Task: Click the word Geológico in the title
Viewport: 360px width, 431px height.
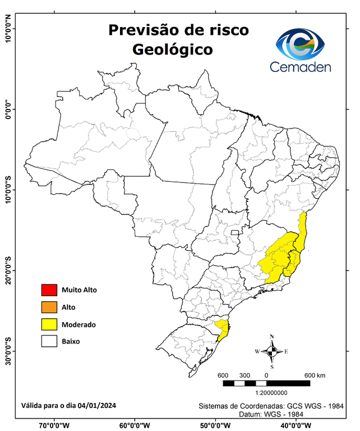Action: (172, 49)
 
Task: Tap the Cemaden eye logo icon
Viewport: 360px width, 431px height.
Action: (304, 44)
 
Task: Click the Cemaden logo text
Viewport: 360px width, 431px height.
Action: (301, 67)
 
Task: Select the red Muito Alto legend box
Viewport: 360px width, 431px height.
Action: (49, 290)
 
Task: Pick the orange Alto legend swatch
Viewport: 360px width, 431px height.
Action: (49, 307)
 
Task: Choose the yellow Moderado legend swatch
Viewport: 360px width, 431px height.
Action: (49, 324)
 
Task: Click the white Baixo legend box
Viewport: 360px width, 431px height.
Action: (49, 341)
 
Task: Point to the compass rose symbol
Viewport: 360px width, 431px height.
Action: (272, 352)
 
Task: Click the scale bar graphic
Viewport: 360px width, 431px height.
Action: (266, 383)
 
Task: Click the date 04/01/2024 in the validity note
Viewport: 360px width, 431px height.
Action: (97, 405)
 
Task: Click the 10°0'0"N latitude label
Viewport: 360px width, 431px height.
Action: (8, 28)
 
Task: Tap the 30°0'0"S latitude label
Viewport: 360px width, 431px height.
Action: (8, 351)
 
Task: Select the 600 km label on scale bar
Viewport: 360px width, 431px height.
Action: (315, 375)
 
